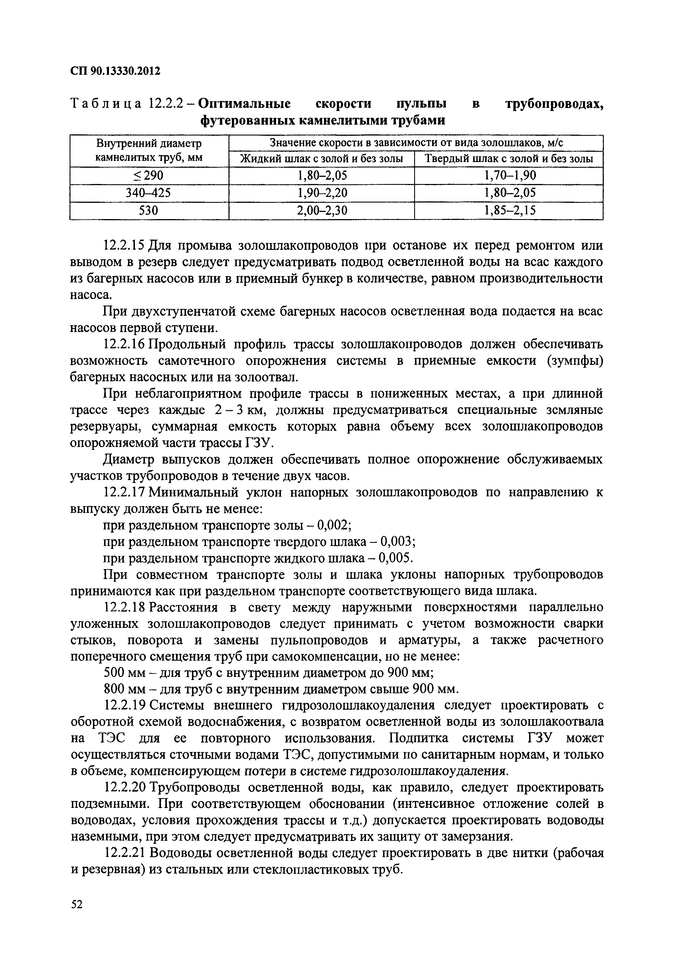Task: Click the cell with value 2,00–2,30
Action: click(321, 210)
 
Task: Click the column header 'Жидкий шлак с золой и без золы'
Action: click(321, 159)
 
